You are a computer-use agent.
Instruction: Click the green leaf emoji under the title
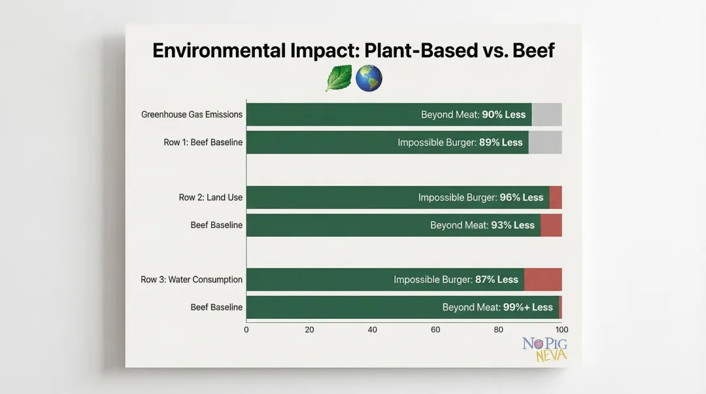point(339,78)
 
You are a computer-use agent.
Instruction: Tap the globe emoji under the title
point(369,78)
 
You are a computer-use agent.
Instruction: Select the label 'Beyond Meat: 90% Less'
point(473,114)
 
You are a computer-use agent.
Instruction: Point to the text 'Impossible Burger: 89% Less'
point(460,142)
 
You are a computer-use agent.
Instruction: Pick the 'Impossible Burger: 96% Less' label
point(480,197)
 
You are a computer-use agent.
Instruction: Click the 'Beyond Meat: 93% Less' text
point(482,225)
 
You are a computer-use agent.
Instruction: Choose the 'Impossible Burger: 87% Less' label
point(456,280)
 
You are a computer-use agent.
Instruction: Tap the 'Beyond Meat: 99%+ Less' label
point(497,307)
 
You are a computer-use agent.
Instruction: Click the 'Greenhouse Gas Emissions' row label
point(192,114)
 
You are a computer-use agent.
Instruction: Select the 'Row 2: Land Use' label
point(210,197)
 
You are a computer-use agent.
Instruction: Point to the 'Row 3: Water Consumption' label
point(192,280)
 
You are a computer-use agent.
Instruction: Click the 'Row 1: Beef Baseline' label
point(203,142)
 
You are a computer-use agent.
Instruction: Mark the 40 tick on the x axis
point(373,330)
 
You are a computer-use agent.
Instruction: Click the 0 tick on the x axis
point(246,330)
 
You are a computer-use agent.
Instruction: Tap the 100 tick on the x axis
point(562,330)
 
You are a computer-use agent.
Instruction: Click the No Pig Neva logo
point(545,350)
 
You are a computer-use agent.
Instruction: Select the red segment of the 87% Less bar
point(543,280)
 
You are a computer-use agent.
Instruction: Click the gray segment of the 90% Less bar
point(546,114)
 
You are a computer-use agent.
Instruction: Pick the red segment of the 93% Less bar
point(551,225)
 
